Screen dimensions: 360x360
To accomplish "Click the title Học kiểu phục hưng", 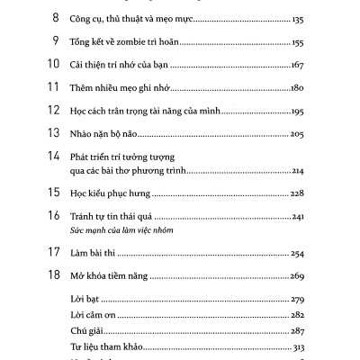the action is pos(111,194).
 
